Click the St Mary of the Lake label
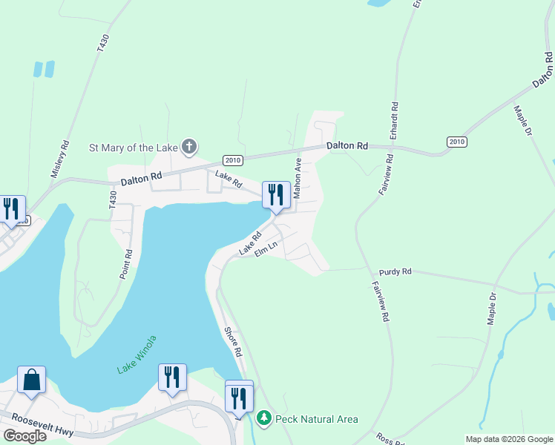pos(134,147)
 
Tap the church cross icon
pos(189,146)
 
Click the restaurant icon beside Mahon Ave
pos(275,195)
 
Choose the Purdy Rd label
pos(395,272)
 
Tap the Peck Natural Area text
pos(317,419)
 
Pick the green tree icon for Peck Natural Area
pos(263,419)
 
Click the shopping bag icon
pos(31,380)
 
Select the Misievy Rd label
pos(60,159)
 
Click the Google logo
pos(24,436)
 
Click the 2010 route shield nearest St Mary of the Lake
pos(234,160)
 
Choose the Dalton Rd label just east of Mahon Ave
pos(348,146)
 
